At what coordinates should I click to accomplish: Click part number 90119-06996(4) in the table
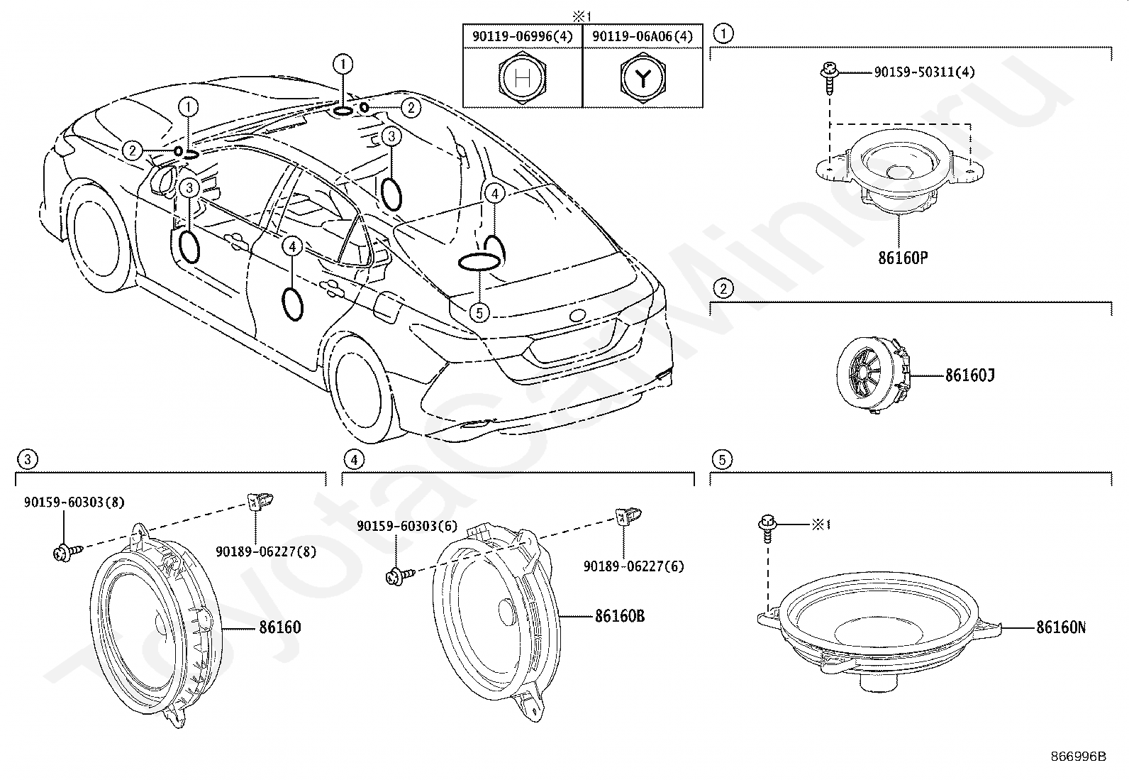522,36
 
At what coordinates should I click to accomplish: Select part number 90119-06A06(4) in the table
643,36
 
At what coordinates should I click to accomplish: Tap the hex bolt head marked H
522,77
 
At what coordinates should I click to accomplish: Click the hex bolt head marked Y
643,77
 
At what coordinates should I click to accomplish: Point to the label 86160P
903,258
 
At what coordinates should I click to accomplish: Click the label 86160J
969,375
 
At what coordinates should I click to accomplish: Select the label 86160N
1061,627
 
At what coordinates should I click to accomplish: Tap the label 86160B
619,616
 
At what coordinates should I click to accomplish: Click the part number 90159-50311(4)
924,72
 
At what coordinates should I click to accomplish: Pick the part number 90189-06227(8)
266,552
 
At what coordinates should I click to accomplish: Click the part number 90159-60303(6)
407,526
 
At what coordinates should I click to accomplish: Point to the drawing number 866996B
1078,757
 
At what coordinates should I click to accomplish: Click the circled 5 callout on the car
479,313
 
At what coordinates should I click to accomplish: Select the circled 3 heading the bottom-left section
27,459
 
